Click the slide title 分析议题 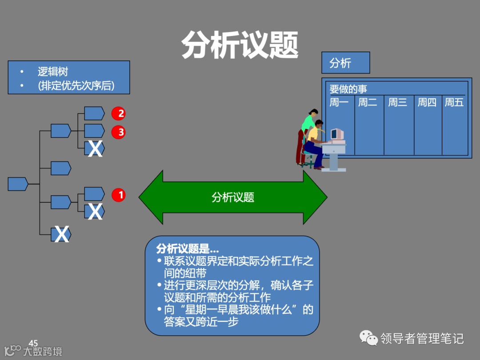tap(240, 45)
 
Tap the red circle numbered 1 tap(119, 195)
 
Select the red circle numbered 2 tap(119, 113)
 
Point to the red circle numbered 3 tap(119, 132)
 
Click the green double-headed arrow tap(233, 197)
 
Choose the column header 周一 tap(339, 103)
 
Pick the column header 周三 tap(398, 103)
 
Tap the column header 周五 tap(454, 103)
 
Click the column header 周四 tap(427, 103)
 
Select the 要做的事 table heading tap(348, 89)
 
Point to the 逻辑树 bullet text tap(53, 72)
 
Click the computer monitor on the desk tap(336, 134)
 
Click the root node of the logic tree tap(18, 184)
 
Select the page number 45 tap(33, 343)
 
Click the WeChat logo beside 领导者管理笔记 tap(368, 338)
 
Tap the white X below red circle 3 tap(95, 149)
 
